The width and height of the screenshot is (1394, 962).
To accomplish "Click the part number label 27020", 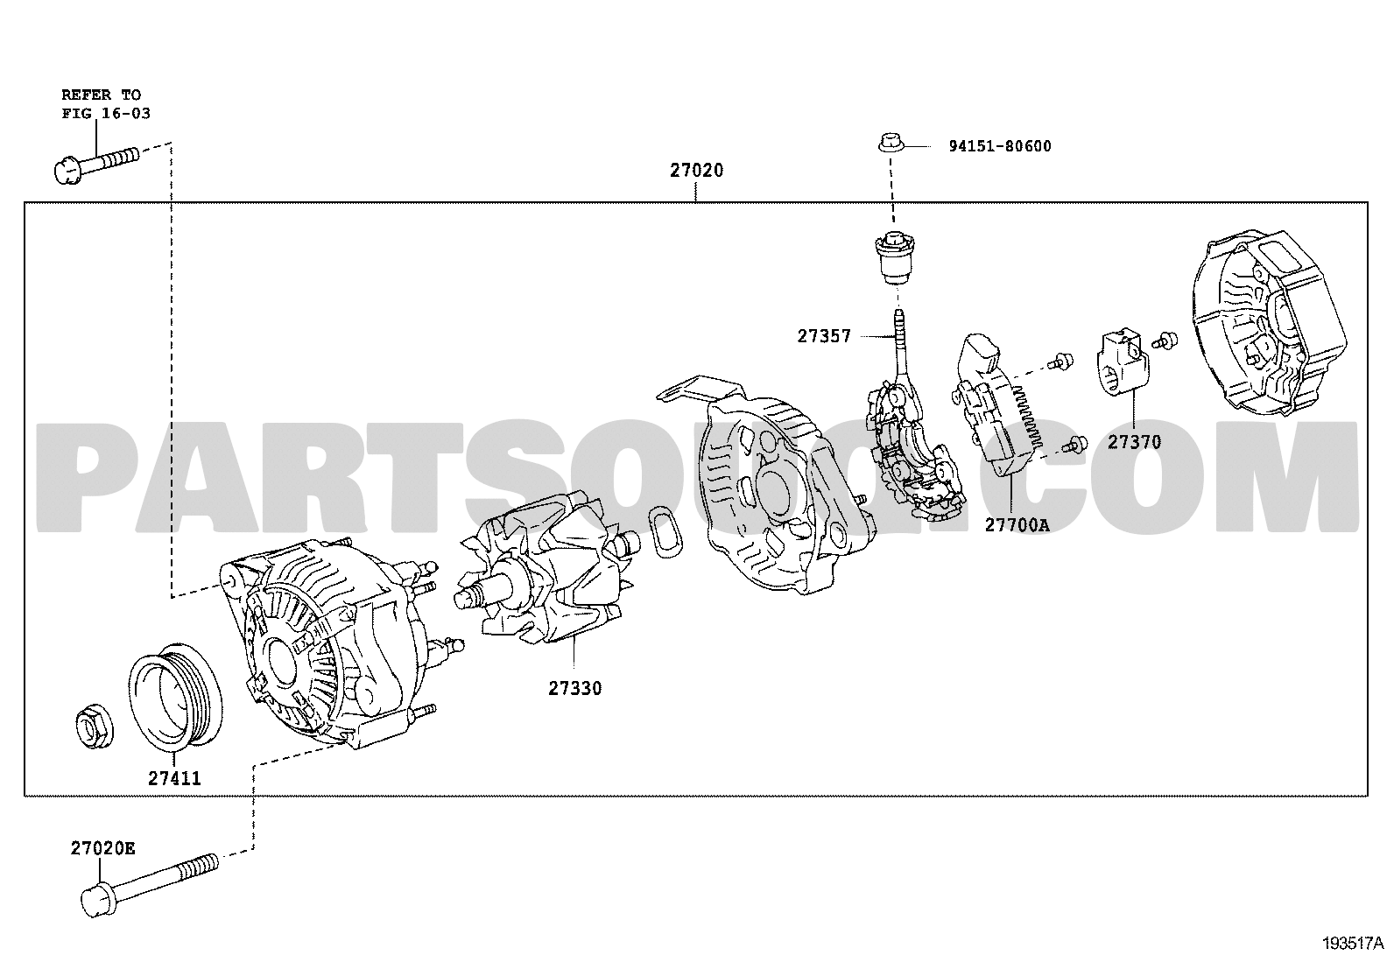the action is [696, 171].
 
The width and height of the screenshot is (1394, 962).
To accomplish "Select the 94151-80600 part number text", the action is [1000, 146].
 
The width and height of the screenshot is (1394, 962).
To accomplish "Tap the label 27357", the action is [824, 337].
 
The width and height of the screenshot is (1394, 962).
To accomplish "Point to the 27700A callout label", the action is [1017, 525].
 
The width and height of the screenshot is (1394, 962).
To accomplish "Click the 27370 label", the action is [1135, 442].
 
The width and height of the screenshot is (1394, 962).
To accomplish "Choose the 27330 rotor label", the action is [575, 689].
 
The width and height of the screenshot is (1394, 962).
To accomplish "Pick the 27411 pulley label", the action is [174, 778].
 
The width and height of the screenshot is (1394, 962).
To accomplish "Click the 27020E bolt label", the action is [102, 848].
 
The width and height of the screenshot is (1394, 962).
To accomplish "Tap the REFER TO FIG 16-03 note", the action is [106, 104].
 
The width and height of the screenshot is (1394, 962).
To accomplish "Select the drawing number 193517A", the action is [1352, 944].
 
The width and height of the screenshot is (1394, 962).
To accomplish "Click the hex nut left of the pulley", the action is [94, 727].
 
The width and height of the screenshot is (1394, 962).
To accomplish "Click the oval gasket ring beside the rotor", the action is [665, 532].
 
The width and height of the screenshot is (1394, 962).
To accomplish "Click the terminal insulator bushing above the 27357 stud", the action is [894, 257].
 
